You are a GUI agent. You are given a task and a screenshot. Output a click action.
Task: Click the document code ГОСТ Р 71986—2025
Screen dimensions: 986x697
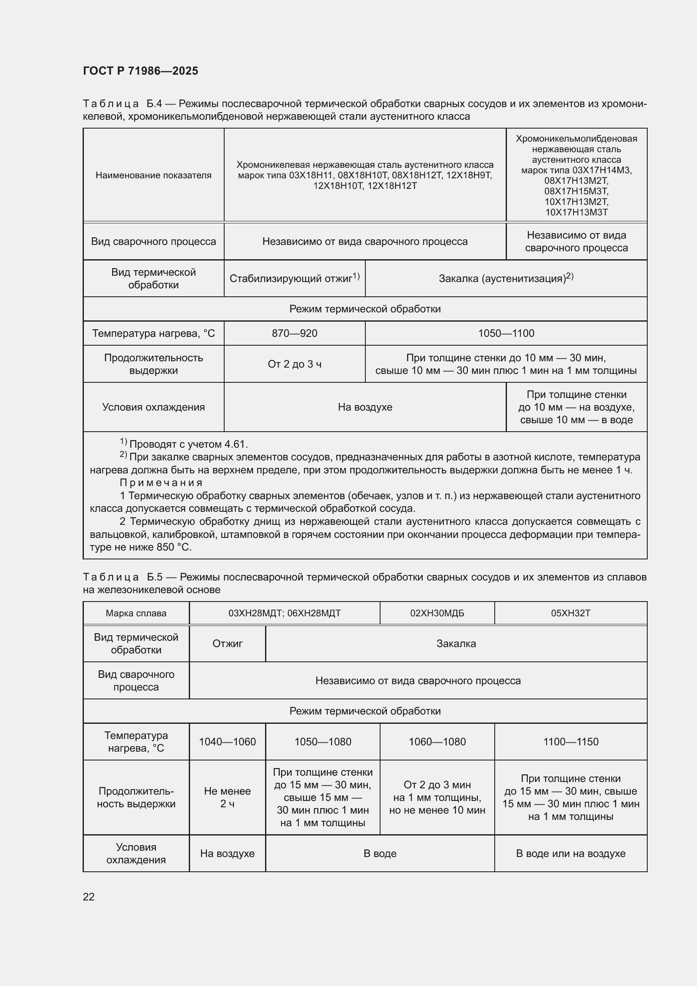click(140, 71)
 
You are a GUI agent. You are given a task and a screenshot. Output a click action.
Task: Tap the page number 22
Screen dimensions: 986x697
click(88, 897)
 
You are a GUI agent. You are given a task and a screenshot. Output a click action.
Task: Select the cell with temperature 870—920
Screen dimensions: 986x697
click(295, 333)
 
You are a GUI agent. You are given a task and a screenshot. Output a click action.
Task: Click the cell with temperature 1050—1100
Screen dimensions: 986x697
click(506, 333)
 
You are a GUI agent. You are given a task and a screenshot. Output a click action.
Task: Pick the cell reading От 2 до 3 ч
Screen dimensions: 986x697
click(295, 364)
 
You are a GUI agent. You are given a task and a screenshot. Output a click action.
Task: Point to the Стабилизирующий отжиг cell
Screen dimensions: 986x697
click(295, 278)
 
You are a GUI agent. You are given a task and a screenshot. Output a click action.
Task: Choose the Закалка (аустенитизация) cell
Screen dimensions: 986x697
click(506, 278)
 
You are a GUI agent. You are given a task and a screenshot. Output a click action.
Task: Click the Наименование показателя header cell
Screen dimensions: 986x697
click(153, 175)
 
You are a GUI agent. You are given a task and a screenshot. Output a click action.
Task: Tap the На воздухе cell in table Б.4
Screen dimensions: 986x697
click(365, 407)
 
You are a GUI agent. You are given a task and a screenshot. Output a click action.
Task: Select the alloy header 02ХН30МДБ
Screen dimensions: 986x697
click(437, 613)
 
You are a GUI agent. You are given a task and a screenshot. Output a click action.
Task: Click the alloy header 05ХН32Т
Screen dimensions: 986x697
click(571, 613)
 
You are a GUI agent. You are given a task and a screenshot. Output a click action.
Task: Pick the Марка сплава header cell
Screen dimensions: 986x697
click(136, 613)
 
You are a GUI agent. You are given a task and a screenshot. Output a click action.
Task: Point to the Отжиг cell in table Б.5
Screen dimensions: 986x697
click(227, 644)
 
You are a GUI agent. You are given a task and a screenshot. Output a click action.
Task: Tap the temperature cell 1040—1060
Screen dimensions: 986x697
click(227, 742)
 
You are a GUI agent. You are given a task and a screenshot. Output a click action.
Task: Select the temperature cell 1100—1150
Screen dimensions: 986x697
click(571, 742)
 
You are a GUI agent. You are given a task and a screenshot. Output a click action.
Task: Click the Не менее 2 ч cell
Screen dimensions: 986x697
click(227, 798)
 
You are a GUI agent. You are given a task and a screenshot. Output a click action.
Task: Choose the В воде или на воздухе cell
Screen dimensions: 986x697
click(571, 854)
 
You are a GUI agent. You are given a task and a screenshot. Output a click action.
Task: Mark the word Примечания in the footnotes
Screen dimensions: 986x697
click(161, 483)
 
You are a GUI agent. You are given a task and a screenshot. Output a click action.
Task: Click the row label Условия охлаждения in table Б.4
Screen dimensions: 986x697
click(153, 407)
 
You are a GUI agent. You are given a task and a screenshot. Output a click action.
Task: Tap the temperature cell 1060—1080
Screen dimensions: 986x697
click(437, 742)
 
